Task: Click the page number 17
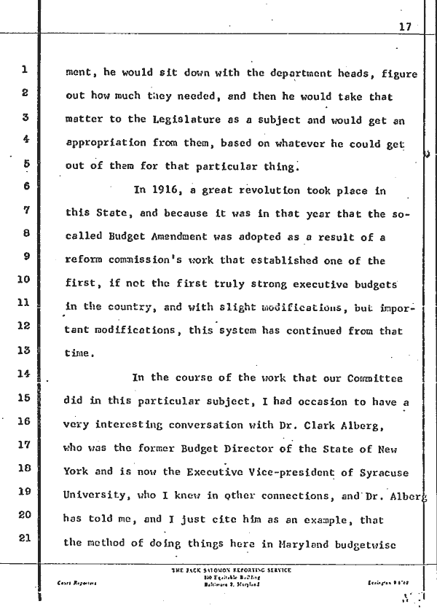click(x=406, y=26)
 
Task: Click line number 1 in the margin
click(x=24, y=71)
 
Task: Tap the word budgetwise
click(x=371, y=541)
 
